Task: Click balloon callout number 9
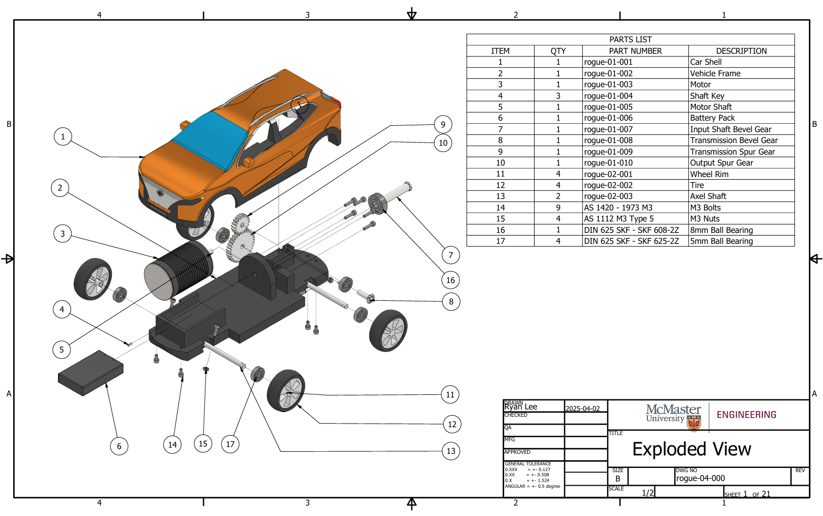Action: tap(443, 124)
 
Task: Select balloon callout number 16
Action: tap(450, 280)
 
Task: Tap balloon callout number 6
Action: tap(119, 446)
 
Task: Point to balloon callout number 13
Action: tap(451, 451)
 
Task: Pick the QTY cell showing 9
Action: tap(558, 208)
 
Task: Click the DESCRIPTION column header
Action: tap(741, 51)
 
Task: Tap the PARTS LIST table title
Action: tap(630, 40)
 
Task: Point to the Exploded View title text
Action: tap(691, 449)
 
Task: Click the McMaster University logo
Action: tap(674, 416)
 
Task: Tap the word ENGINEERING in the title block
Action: tap(746, 415)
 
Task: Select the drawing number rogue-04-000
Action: tap(700, 478)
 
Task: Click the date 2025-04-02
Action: tap(583, 408)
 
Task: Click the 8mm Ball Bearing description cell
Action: tap(721, 230)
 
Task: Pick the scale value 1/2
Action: tap(647, 493)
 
